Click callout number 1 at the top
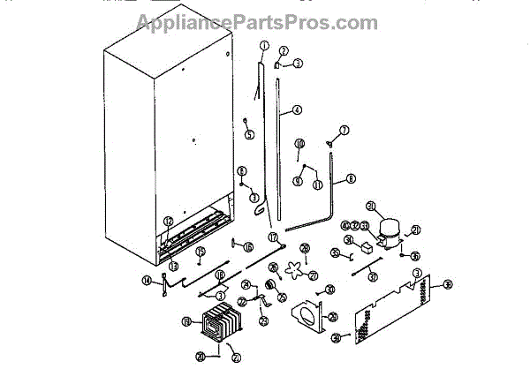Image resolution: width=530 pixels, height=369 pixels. coord(263,45)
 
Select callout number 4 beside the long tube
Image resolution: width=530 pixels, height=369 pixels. coord(297,111)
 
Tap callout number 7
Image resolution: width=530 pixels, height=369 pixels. coord(345,130)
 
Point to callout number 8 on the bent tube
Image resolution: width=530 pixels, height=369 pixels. coord(351,178)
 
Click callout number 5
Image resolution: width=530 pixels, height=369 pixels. coord(250,134)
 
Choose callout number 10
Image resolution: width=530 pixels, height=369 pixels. coord(299,143)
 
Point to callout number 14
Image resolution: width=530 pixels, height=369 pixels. coord(147,281)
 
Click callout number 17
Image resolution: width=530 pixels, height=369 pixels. coord(272,237)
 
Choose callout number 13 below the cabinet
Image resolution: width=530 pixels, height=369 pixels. coord(174,265)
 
